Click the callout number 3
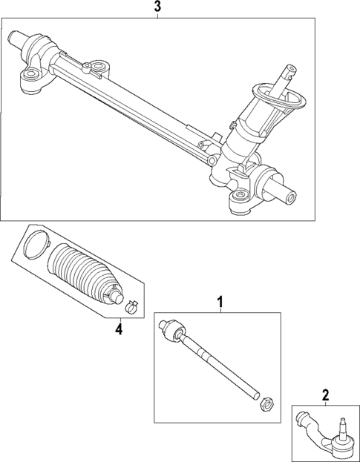tap(157, 7)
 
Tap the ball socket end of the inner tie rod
tap(169, 329)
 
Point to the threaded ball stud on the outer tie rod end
tap(342, 426)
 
